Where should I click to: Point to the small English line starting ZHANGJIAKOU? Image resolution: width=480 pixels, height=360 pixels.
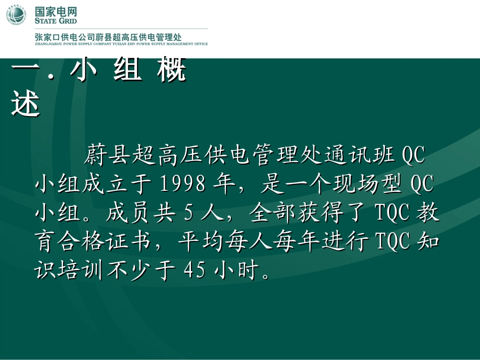coord(121,44)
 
